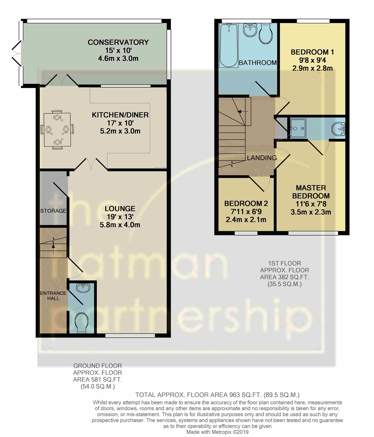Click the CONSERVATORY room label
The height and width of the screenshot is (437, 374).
coord(118,42)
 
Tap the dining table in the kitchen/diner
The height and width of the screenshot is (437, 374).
coord(57,130)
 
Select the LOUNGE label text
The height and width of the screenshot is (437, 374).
coord(120,209)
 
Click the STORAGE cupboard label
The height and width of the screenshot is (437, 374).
coord(53,211)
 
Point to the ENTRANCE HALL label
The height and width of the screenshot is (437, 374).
coord(53,296)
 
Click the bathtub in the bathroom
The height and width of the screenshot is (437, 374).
coord(229,45)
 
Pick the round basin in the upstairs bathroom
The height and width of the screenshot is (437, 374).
coord(250,30)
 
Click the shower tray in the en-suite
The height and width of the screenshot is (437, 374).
coord(298,128)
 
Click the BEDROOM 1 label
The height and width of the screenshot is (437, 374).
coord(312,52)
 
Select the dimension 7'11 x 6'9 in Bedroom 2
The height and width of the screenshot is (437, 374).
coord(246,212)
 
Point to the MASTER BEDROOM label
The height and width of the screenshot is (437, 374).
coord(311,192)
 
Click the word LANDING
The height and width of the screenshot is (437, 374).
coord(262,158)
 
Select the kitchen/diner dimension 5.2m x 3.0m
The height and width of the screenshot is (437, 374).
coord(120,131)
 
